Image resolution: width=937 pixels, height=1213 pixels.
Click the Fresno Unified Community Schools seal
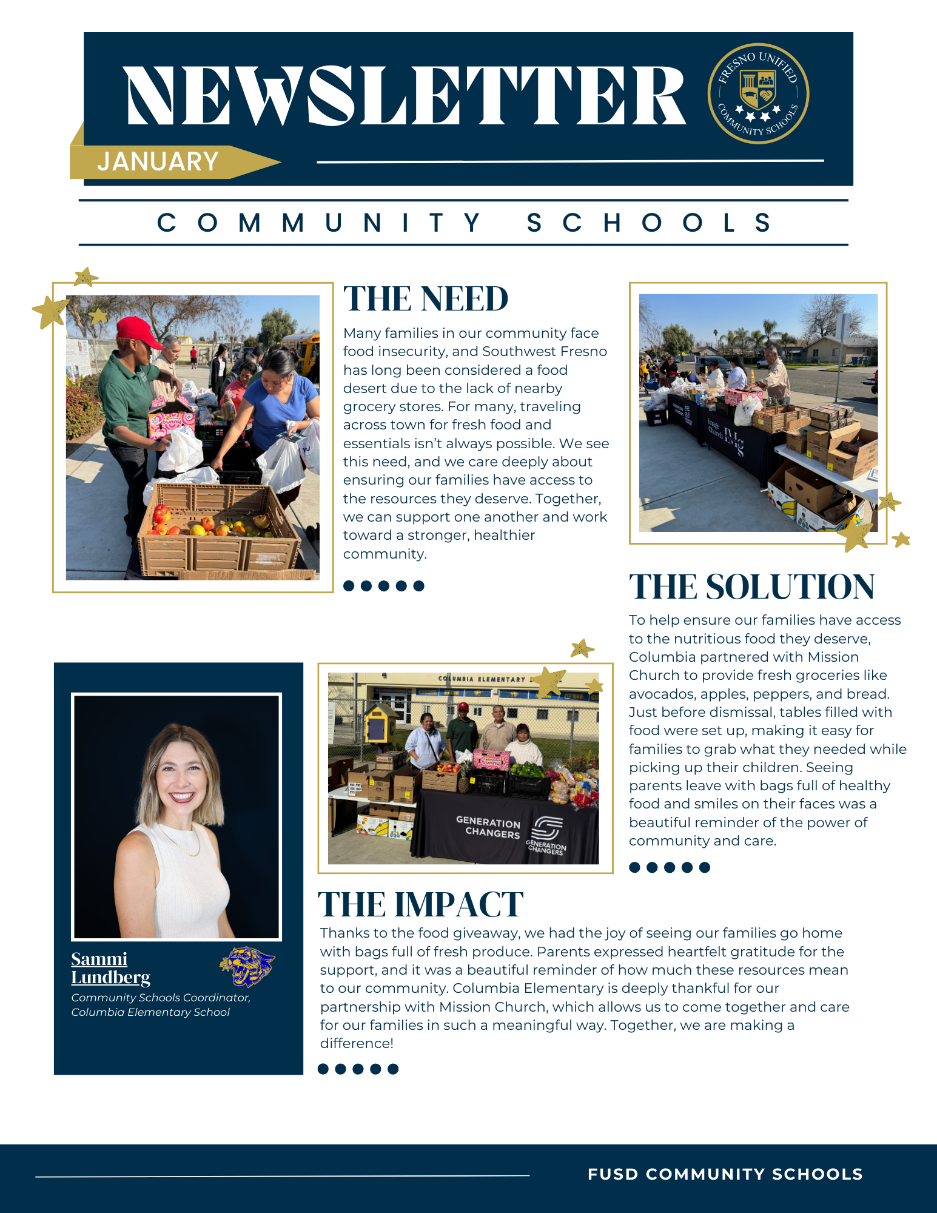point(758,93)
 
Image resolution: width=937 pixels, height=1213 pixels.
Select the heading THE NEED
point(426,299)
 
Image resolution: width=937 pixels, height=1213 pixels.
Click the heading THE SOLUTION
point(751,587)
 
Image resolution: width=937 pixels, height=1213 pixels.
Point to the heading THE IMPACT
point(420,905)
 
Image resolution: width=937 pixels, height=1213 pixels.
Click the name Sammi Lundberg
point(110,968)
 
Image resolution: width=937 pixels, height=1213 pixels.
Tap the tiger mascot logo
point(247,966)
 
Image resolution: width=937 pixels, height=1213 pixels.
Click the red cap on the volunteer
point(138,330)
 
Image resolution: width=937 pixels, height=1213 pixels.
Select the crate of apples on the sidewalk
point(218,528)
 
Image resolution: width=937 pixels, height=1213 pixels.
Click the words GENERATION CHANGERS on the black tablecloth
point(488,827)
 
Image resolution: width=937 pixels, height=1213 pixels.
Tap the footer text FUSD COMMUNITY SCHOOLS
point(725,1174)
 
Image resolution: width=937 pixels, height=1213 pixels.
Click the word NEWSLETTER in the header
point(405,95)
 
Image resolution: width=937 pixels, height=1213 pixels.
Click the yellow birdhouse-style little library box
point(381,721)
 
